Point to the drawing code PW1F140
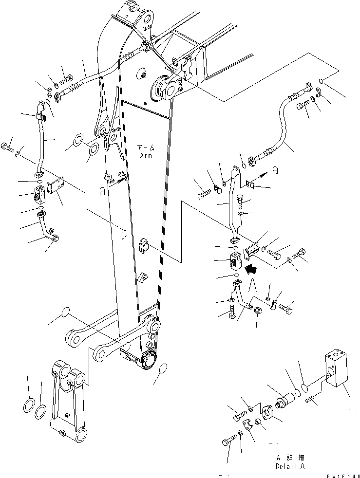(343, 473)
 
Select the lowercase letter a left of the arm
(102, 192)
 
